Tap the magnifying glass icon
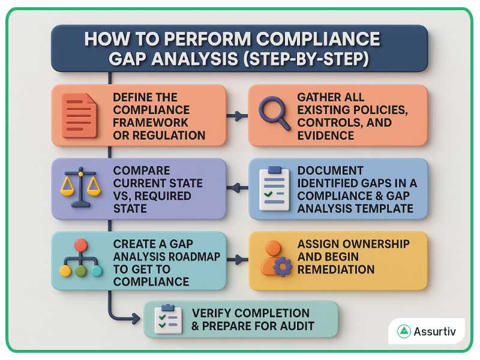coord(273,112)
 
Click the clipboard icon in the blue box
coord(274,188)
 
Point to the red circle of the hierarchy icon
coord(80,245)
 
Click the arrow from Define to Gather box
coord(238,116)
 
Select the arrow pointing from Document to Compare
coord(238,188)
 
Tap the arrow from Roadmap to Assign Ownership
coord(238,260)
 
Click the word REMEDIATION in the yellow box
coord(336,269)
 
